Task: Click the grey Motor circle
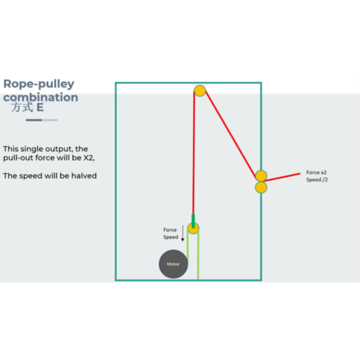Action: click(173, 264)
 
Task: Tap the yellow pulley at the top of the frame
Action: click(200, 91)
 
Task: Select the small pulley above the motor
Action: click(193, 228)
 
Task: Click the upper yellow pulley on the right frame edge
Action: click(261, 176)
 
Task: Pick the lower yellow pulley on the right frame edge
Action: click(261, 187)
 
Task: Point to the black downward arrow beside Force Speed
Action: click(183, 233)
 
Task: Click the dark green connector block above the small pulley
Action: click(193, 221)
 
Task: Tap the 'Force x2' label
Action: click(316, 172)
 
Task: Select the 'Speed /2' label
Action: click(317, 179)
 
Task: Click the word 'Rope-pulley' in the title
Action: click(39, 84)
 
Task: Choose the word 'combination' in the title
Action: click(41, 97)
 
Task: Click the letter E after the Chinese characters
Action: click(40, 107)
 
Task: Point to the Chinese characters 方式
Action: click(22, 107)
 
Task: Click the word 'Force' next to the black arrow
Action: click(170, 230)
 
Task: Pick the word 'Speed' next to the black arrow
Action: click(171, 237)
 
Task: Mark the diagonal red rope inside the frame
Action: click(231, 134)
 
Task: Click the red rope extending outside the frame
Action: click(282, 178)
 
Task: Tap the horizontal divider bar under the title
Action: click(41, 120)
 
